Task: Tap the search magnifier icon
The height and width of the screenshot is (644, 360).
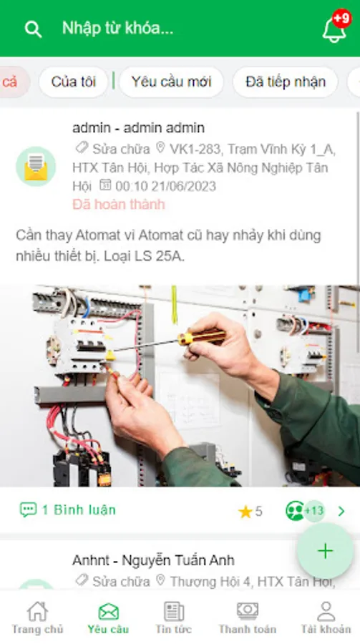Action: tap(33, 29)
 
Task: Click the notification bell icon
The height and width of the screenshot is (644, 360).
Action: tap(334, 30)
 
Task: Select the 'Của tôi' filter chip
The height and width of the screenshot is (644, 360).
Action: tap(73, 82)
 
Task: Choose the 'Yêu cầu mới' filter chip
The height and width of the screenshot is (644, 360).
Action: tap(171, 82)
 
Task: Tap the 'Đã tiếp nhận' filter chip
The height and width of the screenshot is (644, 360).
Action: tap(285, 82)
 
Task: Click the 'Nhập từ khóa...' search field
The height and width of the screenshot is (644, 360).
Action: tap(117, 28)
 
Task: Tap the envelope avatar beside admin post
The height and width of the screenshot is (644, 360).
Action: tap(36, 166)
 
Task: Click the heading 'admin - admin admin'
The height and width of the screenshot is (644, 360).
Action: tap(139, 128)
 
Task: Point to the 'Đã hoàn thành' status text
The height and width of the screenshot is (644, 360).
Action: tap(119, 204)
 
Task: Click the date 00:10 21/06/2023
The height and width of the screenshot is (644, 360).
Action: tap(165, 186)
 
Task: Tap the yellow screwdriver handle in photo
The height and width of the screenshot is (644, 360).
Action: tap(202, 337)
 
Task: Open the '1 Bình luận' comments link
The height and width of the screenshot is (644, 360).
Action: tap(68, 510)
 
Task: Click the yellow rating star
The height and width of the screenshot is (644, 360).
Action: tap(245, 512)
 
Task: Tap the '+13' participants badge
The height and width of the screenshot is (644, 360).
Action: tap(314, 511)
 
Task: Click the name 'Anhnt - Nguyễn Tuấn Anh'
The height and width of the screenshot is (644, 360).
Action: tap(153, 560)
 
